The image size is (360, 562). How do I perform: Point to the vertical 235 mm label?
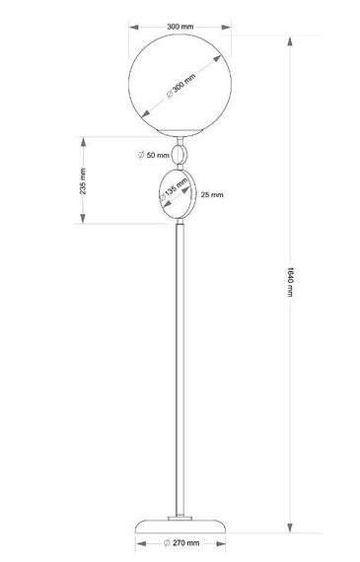(86, 180)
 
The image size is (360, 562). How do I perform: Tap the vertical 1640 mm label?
(288, 286)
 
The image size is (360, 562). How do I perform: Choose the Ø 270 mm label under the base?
(183, 542)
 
